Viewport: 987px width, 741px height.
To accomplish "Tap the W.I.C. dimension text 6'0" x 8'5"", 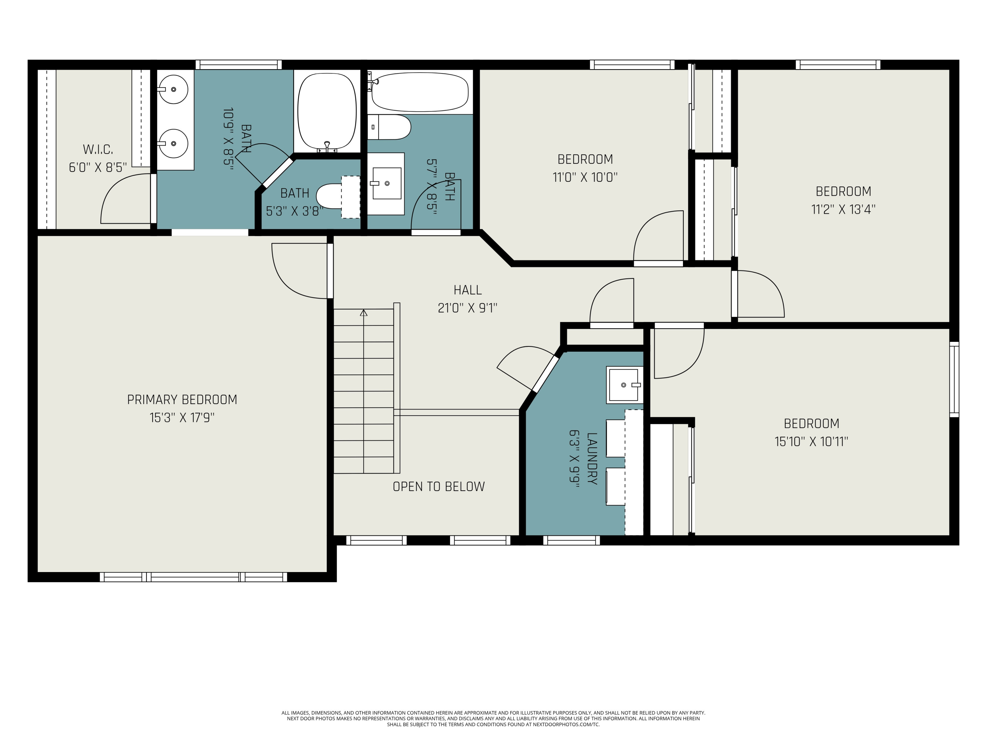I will click(x=98, y=168).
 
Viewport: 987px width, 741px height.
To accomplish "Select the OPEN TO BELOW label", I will click(x=438, y=486).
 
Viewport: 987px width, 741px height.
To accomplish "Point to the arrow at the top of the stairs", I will click(x=364, y=313).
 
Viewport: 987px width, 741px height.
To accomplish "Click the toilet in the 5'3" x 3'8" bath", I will click(x=330, y=196).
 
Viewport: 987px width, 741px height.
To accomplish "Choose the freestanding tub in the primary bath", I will click(x=327, y=112).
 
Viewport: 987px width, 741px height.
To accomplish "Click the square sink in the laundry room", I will click(x=623, y=385).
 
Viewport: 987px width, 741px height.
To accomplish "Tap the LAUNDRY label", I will click(x=592, y=458).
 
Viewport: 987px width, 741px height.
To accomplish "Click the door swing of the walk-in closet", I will click(x=123, y=201).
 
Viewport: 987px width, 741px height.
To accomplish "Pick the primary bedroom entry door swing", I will click(x=297, y=272).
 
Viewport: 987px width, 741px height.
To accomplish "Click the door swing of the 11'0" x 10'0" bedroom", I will click(x=657, y=237).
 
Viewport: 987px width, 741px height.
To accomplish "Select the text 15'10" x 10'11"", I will click(x=811, y=442).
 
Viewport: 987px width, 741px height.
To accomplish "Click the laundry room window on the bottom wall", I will click(x=571, y=540).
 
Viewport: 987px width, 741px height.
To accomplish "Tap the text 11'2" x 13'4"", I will click(x=843, y=209).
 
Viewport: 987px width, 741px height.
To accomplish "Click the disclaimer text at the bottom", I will click(x=493, y=718).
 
